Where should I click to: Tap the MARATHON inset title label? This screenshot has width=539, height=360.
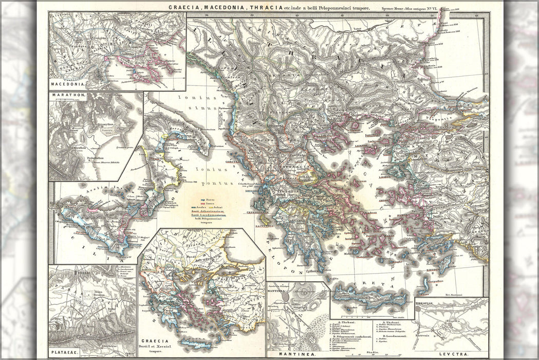point(68,96)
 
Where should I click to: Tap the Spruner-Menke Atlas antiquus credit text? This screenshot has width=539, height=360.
point(410,8)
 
